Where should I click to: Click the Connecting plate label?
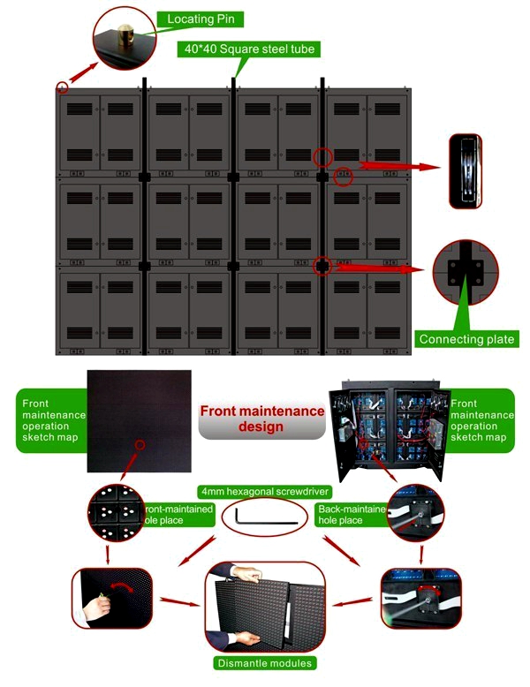(466, 338)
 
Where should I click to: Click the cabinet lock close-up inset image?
(466, 170)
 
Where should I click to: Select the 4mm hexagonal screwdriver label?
(262, 491)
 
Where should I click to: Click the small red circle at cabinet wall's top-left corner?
(62, 87)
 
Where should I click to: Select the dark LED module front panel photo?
(139, 420)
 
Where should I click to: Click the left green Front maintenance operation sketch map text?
(50, 419)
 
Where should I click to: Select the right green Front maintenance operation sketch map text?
(480, 419)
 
